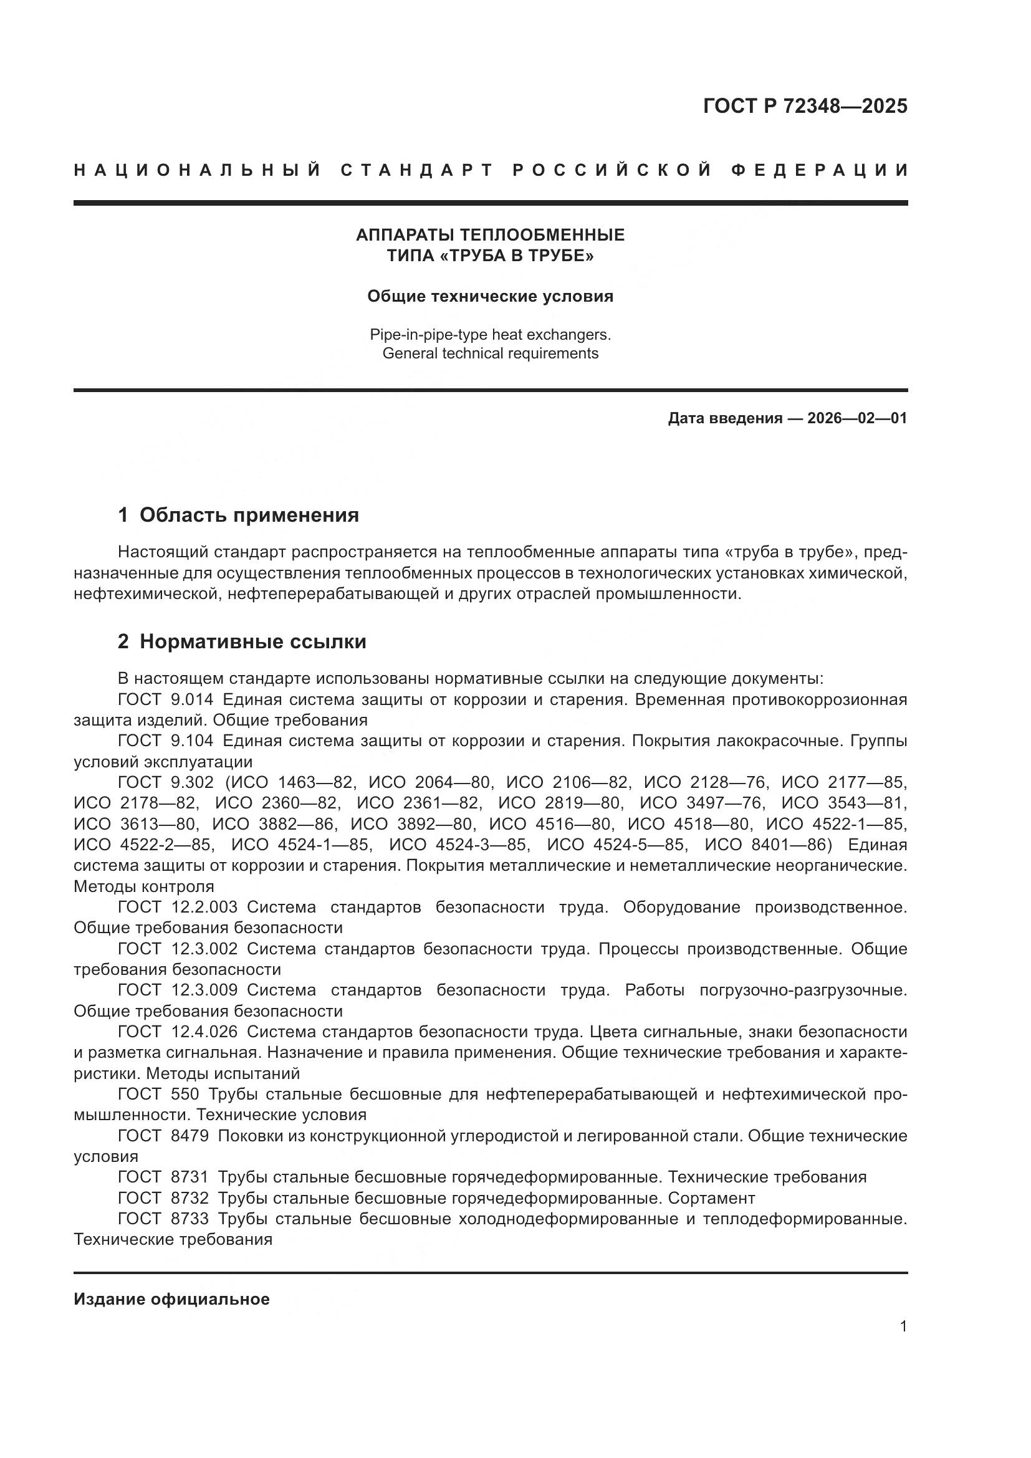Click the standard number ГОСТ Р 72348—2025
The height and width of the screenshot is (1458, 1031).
point(805,106)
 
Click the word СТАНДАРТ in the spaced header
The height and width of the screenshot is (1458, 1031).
point(417,170)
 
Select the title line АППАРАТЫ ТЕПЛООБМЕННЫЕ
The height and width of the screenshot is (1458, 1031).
point(490,235)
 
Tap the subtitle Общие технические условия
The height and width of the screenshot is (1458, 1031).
point(490,297)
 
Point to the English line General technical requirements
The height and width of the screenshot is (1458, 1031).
point(490,353)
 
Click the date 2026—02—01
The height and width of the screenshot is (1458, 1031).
point(857,418)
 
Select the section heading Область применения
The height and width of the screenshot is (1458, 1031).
point(249,515)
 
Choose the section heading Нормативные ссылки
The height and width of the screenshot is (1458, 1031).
point(252,642)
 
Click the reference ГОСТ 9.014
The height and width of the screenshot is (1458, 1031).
point(166,700)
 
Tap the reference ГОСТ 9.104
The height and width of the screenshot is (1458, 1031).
point(166,741)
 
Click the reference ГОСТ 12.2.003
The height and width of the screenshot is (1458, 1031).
point(178,908)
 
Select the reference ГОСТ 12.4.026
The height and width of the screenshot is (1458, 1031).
point(178,1032)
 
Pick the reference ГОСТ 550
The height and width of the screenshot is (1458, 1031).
point(159,1094)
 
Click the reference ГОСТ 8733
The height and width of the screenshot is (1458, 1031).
point(163,1219)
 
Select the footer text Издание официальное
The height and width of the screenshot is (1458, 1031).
point(171,1299)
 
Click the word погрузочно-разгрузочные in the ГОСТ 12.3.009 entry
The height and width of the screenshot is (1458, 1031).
point(802,990)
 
